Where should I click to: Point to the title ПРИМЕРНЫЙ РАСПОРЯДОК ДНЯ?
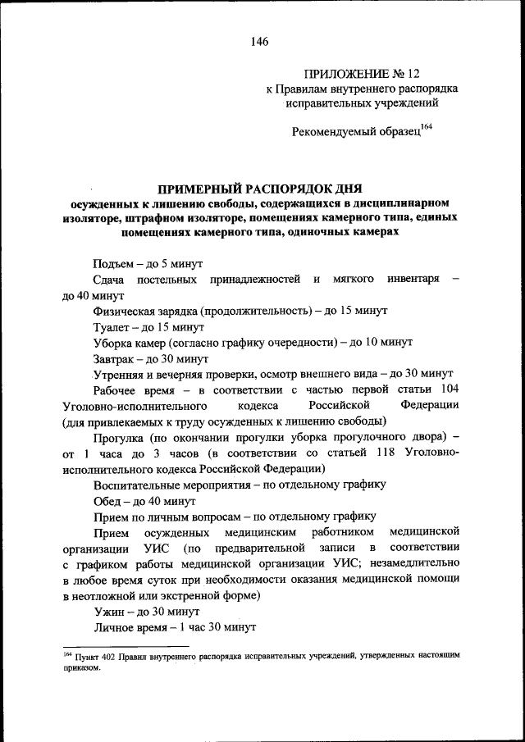point(260,189)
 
